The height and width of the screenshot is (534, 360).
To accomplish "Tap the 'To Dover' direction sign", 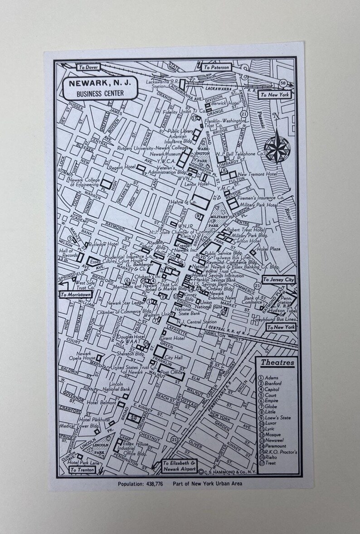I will [x=88, y=67].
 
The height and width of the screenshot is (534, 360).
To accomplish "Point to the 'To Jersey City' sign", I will [x=278, y=280].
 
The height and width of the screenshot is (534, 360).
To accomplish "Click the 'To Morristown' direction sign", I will [x=76, y=294].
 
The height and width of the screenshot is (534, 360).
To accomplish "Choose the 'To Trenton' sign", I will [x=82, y=470].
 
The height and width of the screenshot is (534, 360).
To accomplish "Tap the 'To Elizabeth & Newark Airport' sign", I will [x=180, y=466].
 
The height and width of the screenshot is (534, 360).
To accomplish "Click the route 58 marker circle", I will [x=283, y=83].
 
